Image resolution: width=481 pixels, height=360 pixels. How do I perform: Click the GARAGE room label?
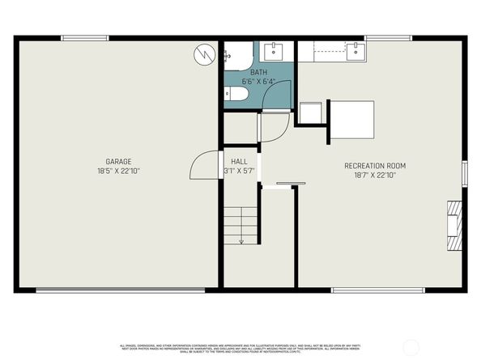pos(118,161)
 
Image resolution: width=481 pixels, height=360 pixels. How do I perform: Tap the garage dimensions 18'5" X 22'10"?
pos(118,171)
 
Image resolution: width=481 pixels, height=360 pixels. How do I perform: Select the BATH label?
pos(258,72)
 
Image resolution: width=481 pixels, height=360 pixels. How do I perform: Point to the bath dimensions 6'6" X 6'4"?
pos(258,81)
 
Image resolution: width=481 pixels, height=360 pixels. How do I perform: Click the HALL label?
pos(240,162)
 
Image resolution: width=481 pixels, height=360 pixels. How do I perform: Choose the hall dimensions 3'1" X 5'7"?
pos(240,172)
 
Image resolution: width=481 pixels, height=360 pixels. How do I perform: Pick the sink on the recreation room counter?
pos(356,53)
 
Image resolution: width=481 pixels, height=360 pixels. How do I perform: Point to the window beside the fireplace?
pos(465,172)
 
